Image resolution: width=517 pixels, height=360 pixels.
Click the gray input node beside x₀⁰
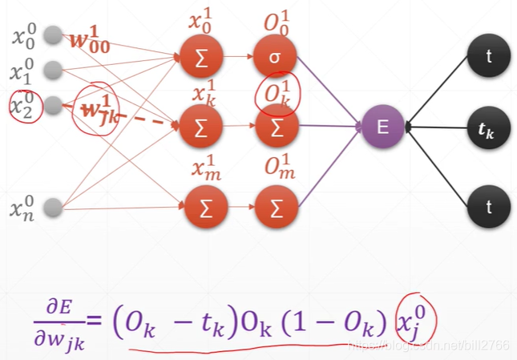click(53, 34)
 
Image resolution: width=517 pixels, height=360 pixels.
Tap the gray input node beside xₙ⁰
click(53, 209)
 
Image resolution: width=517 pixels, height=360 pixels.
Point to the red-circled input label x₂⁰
click(23, 105)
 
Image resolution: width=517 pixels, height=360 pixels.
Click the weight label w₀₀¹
click(95, 38)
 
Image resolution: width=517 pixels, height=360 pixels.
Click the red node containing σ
click(276, 56)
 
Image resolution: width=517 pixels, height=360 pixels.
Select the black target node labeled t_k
click(488, 127)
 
